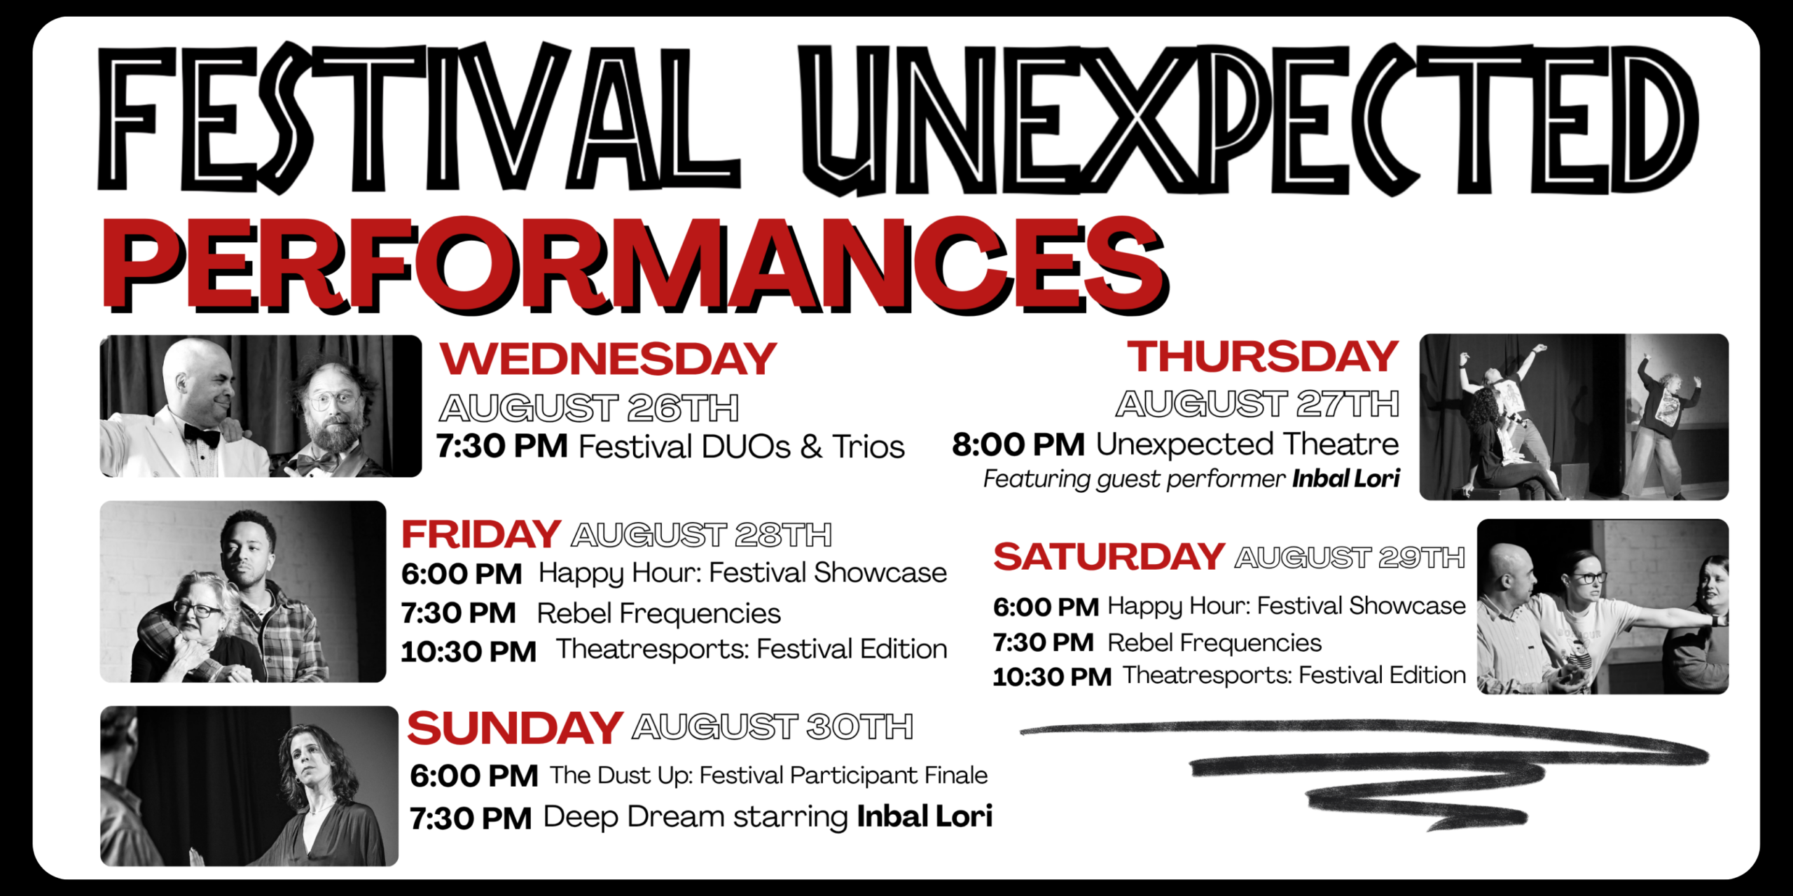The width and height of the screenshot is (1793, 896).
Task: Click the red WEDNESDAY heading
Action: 608,358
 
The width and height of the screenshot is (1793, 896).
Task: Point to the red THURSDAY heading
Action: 1263,356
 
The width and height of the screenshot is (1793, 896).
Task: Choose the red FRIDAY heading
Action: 481,535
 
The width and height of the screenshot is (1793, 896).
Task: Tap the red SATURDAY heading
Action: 1109,557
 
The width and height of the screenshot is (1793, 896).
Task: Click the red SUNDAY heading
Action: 515,728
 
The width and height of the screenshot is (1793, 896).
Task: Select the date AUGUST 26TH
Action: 589,408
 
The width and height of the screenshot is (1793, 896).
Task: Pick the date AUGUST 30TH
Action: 773,727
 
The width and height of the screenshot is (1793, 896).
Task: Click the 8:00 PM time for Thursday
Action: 1018,445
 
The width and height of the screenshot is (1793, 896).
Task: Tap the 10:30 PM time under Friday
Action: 469,652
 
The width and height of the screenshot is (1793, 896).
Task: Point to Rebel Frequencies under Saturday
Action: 1214,643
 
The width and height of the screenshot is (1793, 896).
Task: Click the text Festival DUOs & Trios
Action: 742,447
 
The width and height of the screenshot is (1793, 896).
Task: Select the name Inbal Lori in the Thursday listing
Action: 1346,479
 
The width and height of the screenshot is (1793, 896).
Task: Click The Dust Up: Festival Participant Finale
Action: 768,776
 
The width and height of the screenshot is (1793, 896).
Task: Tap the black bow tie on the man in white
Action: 201,435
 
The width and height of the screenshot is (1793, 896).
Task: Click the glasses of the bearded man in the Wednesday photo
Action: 333,401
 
